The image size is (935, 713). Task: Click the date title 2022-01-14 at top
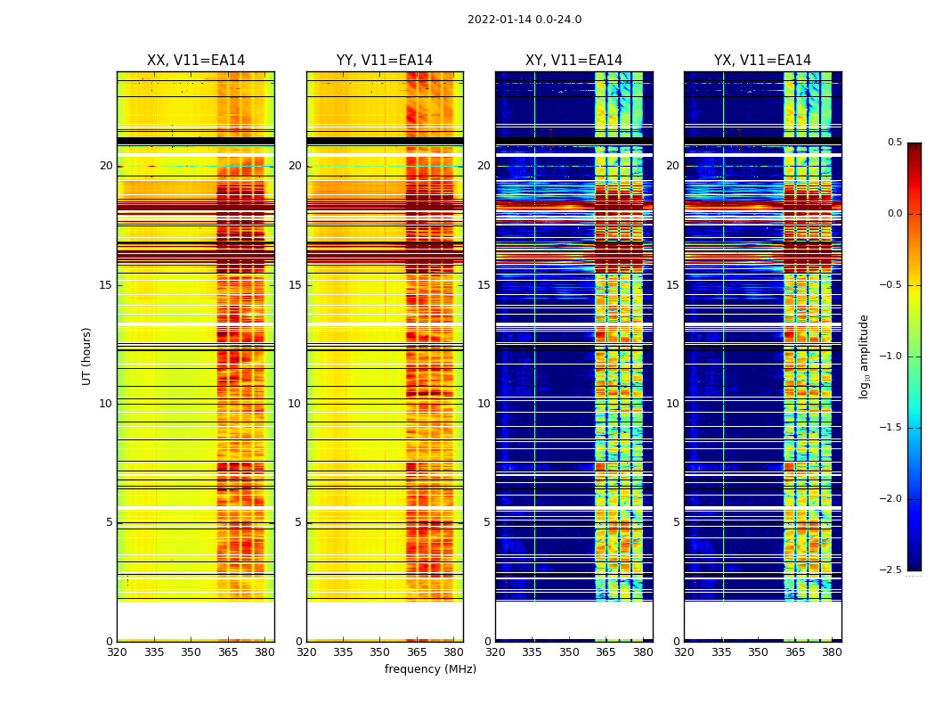pyautogui.click(x=524, y=20)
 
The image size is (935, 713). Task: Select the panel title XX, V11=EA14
pyautogui.click(x=196, y=61)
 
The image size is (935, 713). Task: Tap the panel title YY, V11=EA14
pyautogui.click(x=385, y=61)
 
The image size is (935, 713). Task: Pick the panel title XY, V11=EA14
pyautogui.click(x=574, y=61)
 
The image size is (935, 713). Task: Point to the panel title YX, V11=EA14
pyautogui.click(x=763, y=61)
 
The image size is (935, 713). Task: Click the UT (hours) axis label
pyautogui.click(x=87, y=356)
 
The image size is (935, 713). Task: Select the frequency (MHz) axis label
pyautogui.click(x=430, y=669)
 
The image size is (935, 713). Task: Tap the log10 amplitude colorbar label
pyautogui.click(x=864, y=356)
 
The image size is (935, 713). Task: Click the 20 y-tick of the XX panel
pyautogui.click(x=106, y=166)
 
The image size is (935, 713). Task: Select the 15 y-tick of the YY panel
pyautogui.click(x=296, y=285)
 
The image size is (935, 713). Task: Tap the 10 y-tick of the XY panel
pyautogui.click(x=484, y=404)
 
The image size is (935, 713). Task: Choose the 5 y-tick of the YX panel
pyautogui.click(x=677, y=522)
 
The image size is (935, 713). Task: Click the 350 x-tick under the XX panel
pyautogui.click(x=191, y=652)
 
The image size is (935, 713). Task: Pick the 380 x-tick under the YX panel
pyautogui.click(x=832, y=652)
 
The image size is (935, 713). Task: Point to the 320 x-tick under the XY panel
pyautogui.click(x=496, y=652)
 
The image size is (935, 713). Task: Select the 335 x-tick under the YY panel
pyautogui.click(x=344, y=652)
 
